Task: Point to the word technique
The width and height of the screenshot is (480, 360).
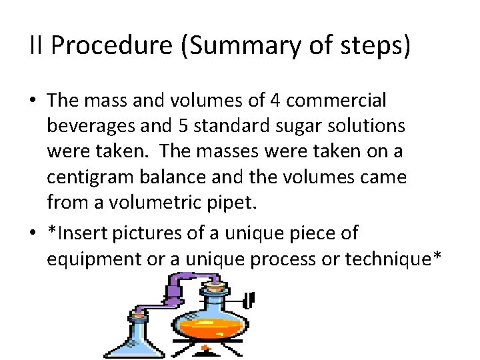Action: pos(386,257)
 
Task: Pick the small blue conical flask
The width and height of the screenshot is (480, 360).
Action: pos(129,337)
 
